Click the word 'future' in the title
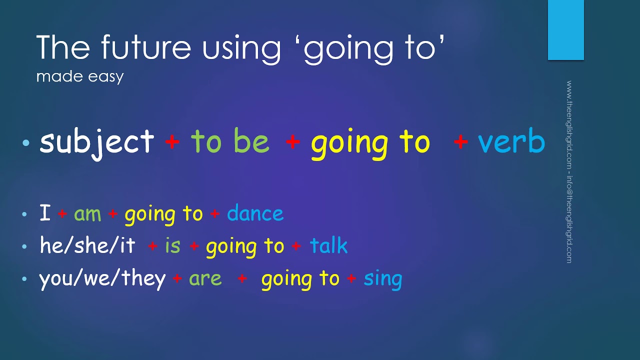[146, 46]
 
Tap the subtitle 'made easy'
[80, 77]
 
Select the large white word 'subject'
[97, 143]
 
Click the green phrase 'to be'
[230, 140]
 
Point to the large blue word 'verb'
[511, 140]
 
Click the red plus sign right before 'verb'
[460, 141]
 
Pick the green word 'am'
[87, 214]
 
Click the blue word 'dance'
[255, 212]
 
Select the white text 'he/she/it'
[87, 245]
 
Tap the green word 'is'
[172, 245]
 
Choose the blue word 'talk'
[329, 245]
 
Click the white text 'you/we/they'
[102, 279]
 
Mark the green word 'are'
[205, 279]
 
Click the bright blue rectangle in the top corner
[565, 29]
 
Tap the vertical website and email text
[569, 171]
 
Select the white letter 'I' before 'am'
[45, 212]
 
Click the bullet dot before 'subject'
[25, 142]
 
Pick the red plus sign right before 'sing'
[351, 278]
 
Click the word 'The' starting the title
[63, 46]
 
